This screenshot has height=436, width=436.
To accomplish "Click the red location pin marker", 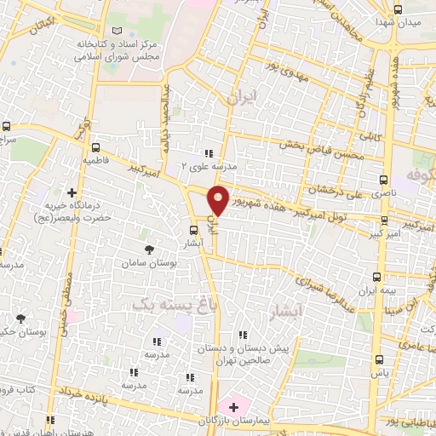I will tap(218, 201).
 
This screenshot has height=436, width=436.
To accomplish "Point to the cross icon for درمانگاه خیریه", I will tap(72, 192).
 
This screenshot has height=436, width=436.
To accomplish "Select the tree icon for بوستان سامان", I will tap(150, 250).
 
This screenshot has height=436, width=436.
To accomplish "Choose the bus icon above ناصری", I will tap(385, 181).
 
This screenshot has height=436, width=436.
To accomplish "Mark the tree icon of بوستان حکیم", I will tap(20, 319).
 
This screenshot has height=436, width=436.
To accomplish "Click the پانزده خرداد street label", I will tap(90, 392).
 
